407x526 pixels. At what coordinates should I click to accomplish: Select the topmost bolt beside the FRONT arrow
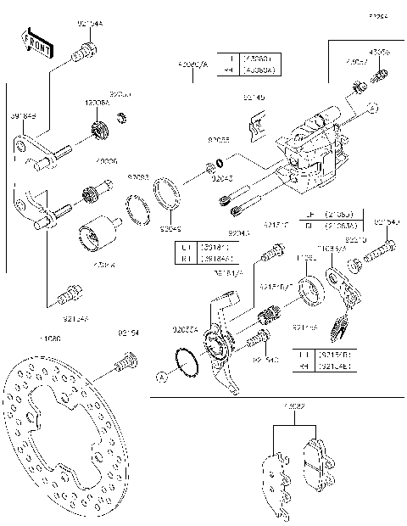83,53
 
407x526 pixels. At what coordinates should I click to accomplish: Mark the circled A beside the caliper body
371,109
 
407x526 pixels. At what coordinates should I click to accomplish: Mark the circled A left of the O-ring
160,375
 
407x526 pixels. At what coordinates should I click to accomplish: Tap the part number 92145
254,98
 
